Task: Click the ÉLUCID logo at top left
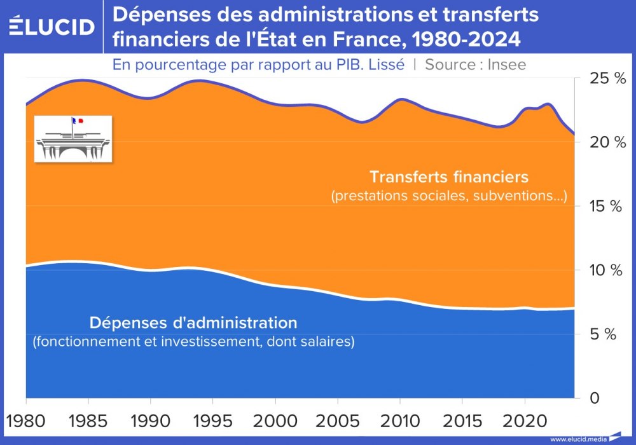click(52, 27)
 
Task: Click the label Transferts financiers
click(449, 176)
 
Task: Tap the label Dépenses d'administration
click(193, 322)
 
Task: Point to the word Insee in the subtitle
click(506, 64)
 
